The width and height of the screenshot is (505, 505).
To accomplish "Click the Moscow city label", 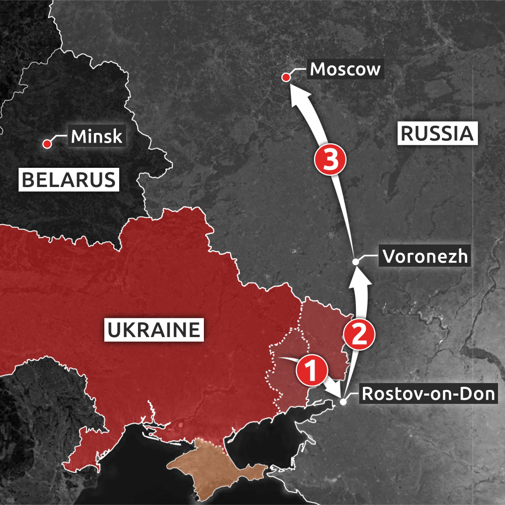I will click(345, 69).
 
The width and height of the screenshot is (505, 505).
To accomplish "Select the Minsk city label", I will click(96, 137).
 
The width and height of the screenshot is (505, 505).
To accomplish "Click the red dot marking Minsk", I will click(47, 144).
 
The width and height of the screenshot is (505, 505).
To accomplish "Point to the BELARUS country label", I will click(69, 180).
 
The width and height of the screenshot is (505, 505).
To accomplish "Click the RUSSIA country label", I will click(438, 133).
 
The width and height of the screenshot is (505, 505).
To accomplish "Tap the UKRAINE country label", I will click(153, 330).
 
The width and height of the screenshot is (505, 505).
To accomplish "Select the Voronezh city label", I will click(425, 256).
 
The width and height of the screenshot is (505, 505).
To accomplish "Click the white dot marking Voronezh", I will click(355, 262).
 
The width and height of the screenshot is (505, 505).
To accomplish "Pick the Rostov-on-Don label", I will click(428, 394).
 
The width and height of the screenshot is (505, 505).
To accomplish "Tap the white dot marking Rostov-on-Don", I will click(343, 402).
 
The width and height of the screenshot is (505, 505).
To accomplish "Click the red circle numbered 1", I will click(311, 371).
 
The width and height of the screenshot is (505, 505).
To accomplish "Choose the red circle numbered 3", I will click(330, 161).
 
